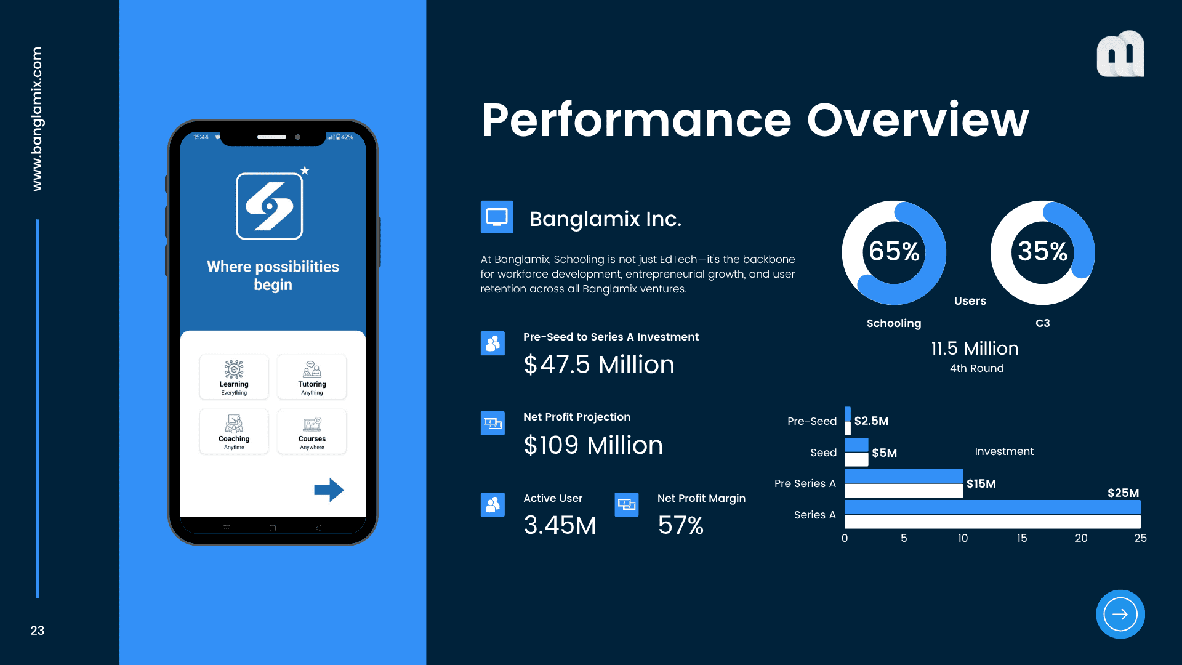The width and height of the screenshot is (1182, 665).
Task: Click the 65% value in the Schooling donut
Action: click(x=894, y=251)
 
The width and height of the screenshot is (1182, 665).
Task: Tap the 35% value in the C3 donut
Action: click(x=1042, y=251)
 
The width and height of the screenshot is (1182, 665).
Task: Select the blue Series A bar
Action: click(x=992, y=507)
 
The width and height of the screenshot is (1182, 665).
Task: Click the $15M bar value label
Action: click(x=981, y=484)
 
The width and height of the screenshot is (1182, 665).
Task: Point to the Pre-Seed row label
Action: click(x=812, y=421)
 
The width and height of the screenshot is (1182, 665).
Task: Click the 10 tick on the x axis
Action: click(x=963, y=538)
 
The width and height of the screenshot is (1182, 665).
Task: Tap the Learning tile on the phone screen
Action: click(x=234, y=377)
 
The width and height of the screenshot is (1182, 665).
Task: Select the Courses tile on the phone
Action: click(x=312, y=431)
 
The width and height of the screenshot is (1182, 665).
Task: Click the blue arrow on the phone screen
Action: click(x=329, y=490)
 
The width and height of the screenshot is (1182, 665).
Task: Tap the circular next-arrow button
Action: click(x=1120, y=615)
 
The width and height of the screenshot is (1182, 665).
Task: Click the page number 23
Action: click(x=38, y=631)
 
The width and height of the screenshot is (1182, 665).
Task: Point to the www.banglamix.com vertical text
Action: click(x=37, y=119)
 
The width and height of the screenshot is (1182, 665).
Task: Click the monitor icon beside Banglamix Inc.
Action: click(x=497, y=217)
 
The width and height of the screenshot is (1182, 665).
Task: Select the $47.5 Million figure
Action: click(x=599, y=365)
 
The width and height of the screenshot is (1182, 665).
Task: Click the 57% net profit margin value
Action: click(x=680, y=525)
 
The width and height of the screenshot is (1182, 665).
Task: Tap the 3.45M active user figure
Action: click(x=560, y=525)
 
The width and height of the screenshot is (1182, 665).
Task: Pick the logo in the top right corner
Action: click(x=1120, y=54)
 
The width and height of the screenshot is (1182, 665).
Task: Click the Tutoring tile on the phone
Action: click(x=312, y=377)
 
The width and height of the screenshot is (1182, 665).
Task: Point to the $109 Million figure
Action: click(x=593, y=445)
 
